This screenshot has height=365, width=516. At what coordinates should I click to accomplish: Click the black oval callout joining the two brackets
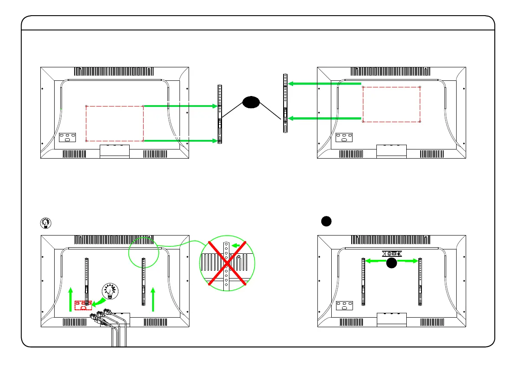(x=251, y=102)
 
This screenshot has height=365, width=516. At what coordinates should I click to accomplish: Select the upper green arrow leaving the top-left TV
(x=180, y=106)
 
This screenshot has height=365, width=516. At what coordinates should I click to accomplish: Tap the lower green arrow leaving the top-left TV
(x=180, y=141)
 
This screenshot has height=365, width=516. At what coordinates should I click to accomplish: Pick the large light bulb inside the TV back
(x=109, y=291)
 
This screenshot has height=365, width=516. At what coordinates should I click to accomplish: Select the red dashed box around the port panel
(x=82, y=305)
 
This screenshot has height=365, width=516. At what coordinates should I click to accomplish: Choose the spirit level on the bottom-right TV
(x=392, y=253)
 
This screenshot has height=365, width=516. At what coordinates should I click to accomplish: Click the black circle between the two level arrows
(x=392, y=262)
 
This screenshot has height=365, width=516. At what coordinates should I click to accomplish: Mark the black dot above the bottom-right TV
(x=327, y=221)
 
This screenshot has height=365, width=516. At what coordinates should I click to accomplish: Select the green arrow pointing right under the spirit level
(x=408, y=261)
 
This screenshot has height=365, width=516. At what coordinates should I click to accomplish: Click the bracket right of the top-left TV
(x=220, y=114)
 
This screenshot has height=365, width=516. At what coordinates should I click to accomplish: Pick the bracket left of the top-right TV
(x=285, y=103)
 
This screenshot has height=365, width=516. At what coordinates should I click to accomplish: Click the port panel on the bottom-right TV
(x=344, y=306)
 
